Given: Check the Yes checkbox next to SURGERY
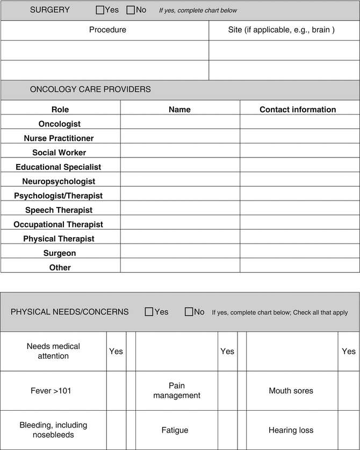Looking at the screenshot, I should point(100,10).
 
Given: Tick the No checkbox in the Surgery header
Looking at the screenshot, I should point(131,10).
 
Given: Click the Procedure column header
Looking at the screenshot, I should point(107,30).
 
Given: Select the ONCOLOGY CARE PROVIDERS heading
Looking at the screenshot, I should point(90,90).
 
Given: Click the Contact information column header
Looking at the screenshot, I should point(298,110).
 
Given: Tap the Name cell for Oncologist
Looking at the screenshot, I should point(180,124).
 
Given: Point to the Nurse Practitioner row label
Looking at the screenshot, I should point(59,138).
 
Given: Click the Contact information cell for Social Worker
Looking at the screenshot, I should point(300,153).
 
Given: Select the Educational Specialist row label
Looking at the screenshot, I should point(59,167).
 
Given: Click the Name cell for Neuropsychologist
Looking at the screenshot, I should point(180,181).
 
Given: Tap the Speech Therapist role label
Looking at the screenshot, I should point(59,210).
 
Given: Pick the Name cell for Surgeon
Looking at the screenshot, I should point(180,253).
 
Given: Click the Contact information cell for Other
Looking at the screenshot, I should point(300,267).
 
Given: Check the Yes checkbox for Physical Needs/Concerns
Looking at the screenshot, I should point(149,312).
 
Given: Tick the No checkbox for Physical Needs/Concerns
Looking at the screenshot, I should point(189,312).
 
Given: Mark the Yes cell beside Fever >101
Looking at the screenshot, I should point(116,391).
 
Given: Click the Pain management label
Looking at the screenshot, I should point(177,391).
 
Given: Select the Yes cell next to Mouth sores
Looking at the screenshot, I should point(348,391).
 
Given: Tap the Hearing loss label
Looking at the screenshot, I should point(291,430).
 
